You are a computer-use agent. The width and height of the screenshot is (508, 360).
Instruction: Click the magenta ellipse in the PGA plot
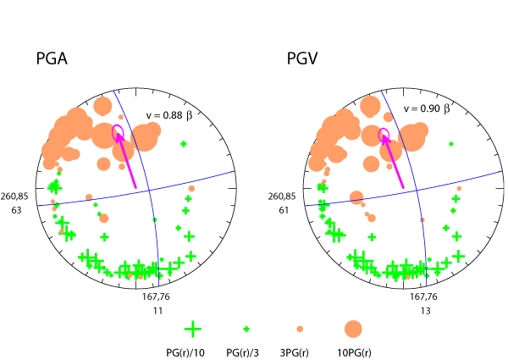(x=118, y=131)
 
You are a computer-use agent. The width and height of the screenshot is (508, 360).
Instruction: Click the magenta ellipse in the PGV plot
(x=384, y=133)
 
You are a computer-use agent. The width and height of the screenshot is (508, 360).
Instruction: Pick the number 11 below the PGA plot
(x=157, y=311)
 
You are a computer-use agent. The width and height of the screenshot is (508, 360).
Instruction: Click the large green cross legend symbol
(x=193, y=329)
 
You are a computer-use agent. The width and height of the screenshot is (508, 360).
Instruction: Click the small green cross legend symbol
(x=246, y=329)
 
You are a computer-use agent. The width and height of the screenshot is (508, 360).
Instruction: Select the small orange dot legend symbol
(x=299, y=329)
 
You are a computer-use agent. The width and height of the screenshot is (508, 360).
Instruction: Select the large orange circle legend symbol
(x=352, y=329)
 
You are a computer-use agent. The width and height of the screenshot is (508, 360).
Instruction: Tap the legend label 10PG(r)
(x=352, y=350)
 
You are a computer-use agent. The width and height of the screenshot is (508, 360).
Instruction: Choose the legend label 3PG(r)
(x=299, y=350)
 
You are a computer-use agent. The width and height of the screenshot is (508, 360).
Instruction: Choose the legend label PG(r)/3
(x=245, y=350)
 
